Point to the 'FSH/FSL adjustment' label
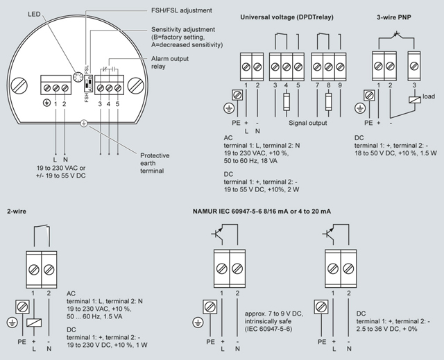point(181,11)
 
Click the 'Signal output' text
point(308,122)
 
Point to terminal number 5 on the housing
point(118,104)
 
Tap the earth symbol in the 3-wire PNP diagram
point(360,109)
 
